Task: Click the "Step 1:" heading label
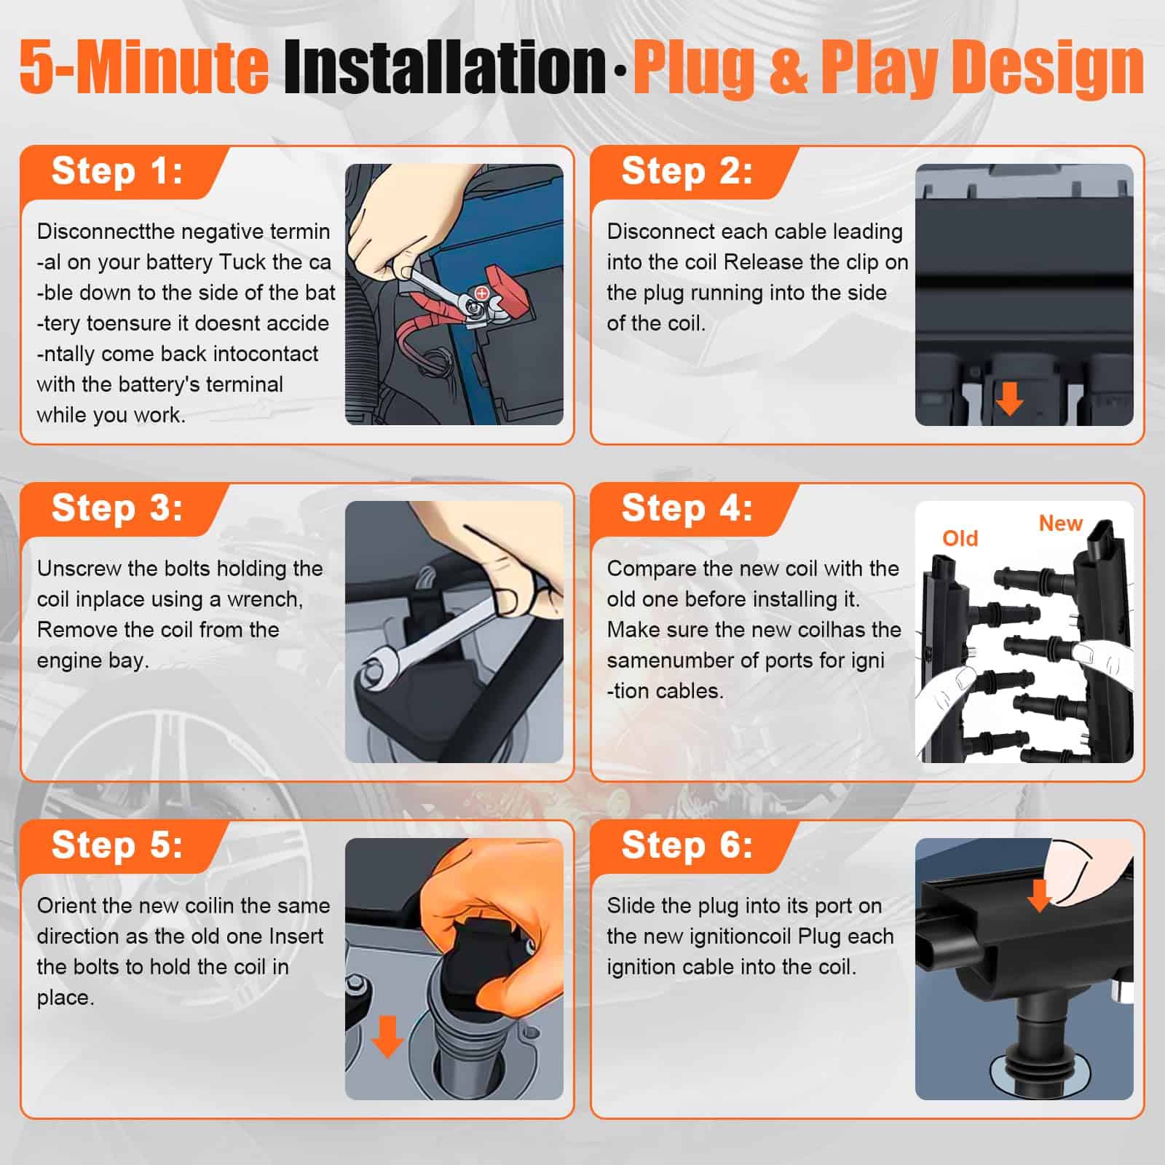[116, 172]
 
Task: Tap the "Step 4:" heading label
[687, 508]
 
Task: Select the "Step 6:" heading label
[687, 845]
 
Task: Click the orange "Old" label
[960, 538]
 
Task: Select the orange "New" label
[1060, 523]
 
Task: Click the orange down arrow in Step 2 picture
[1009, 399]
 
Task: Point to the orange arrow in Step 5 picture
[387, 1036]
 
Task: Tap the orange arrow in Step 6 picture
[1039, 895]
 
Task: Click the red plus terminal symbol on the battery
[481, 293]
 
